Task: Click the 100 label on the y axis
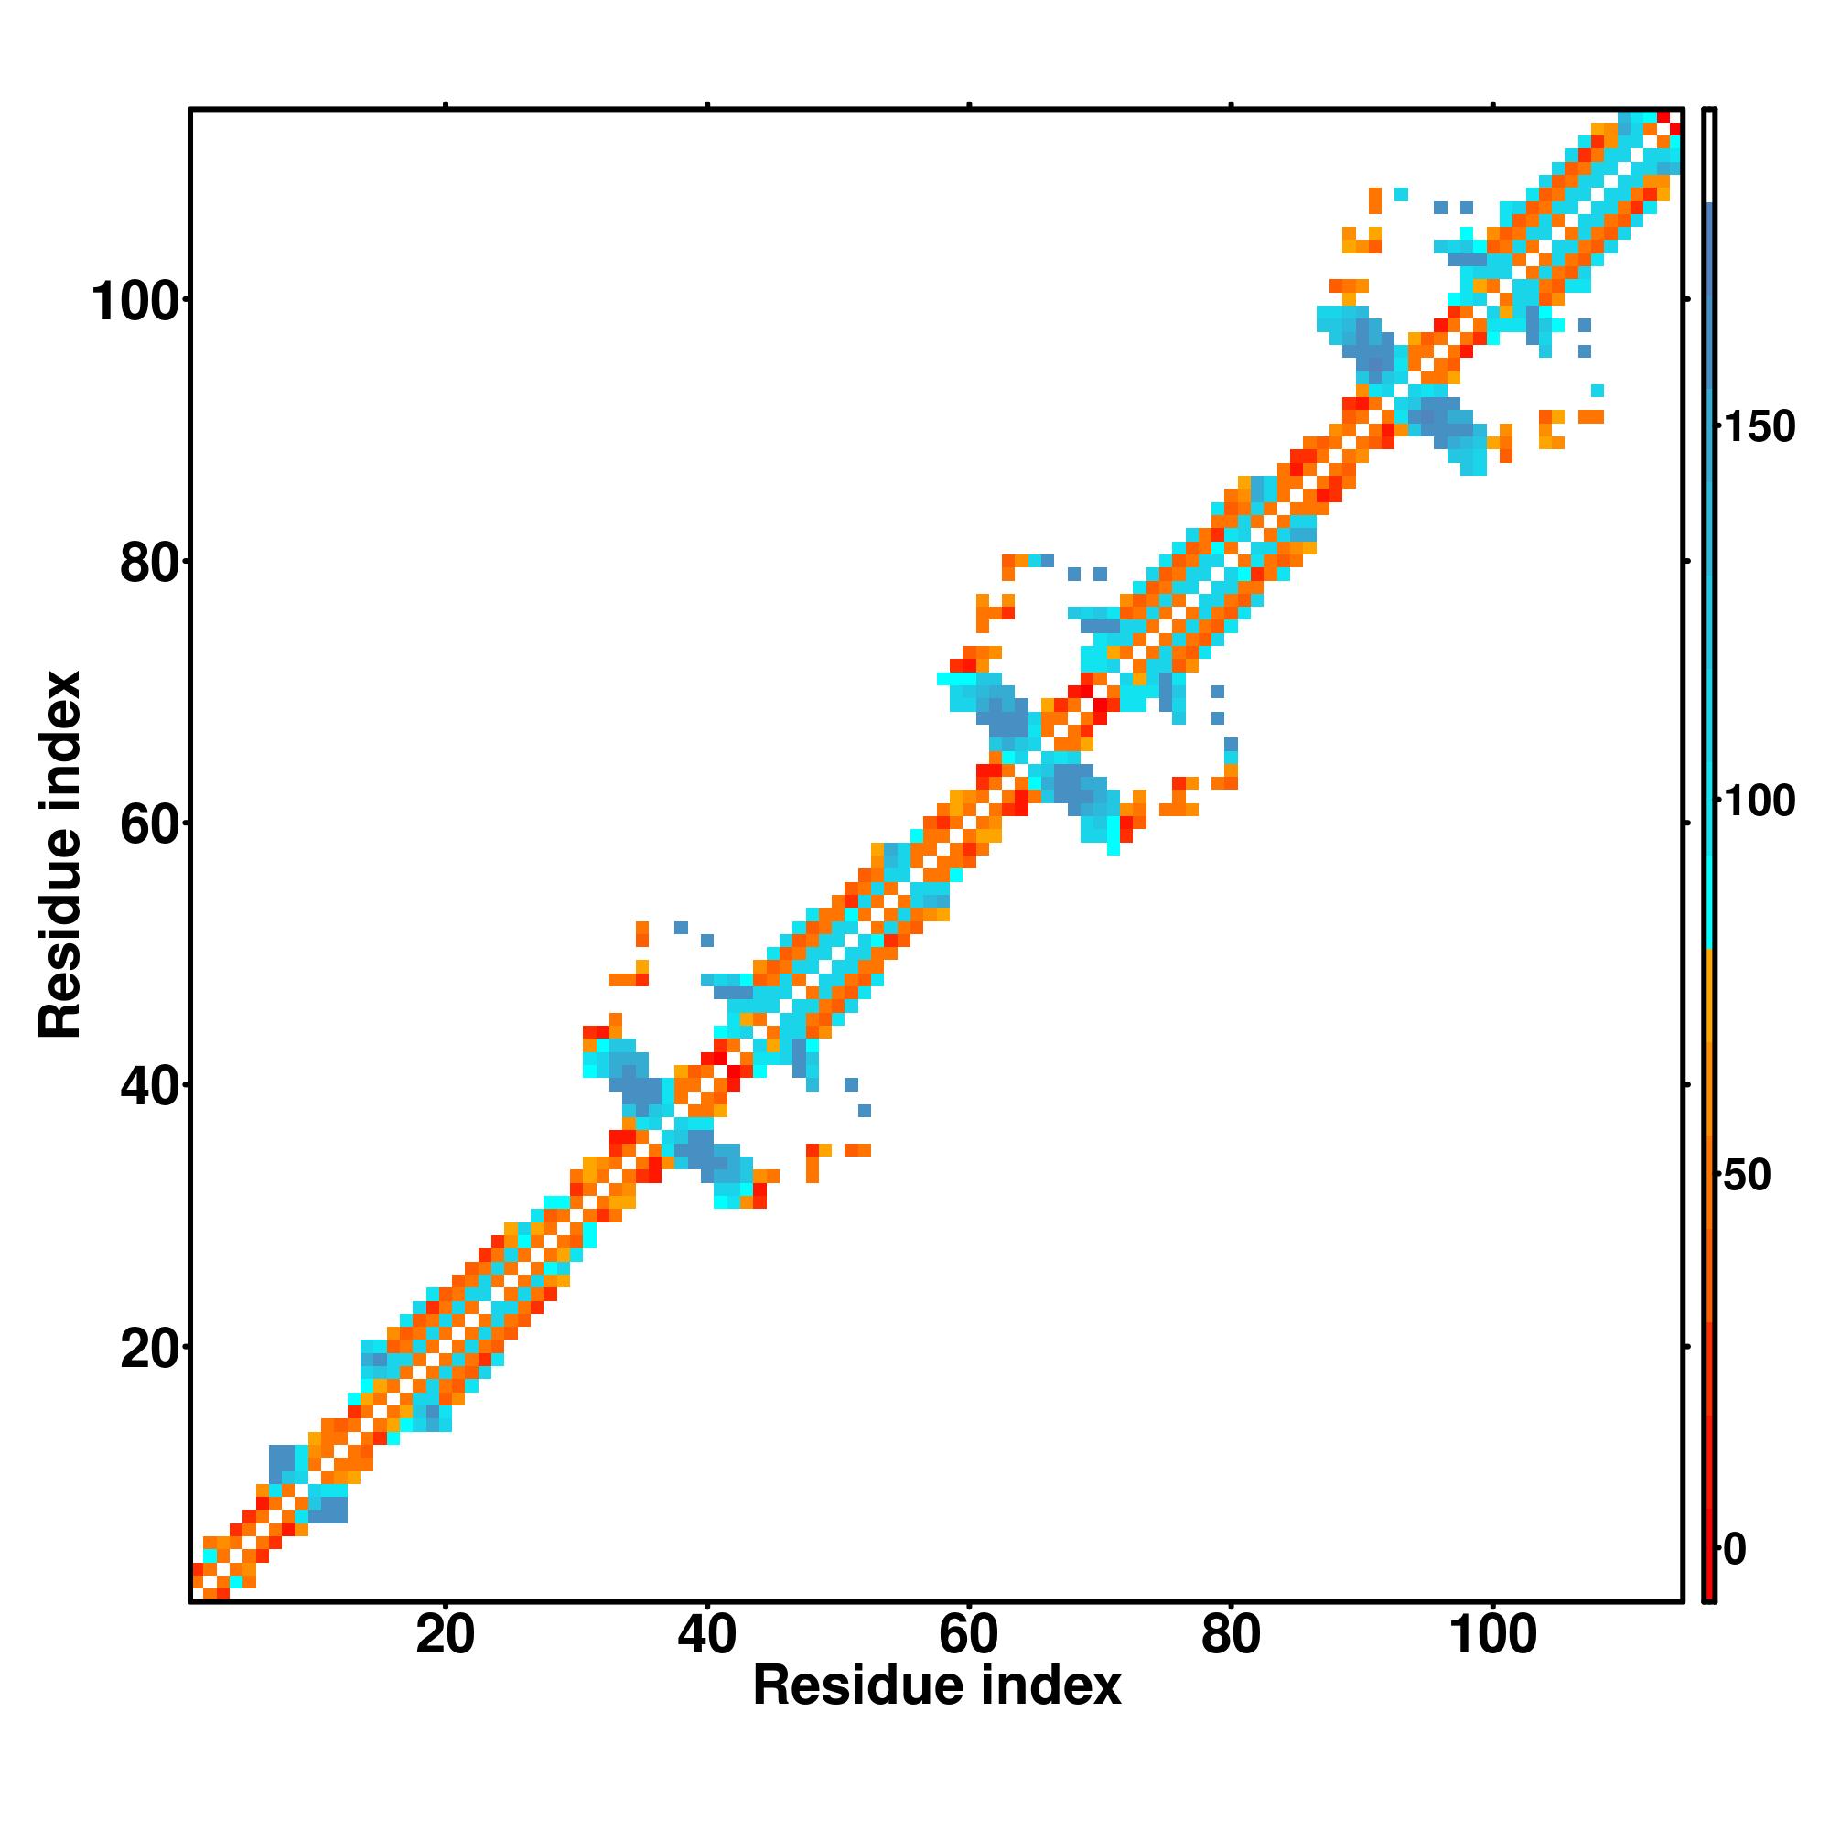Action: pyautogui.click(x=135, y=302)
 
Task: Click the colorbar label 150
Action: pyautogui.click(x=1759, y=427)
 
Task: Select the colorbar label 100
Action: pyautogui.click(x=1759, y=802)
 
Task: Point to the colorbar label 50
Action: pyautogui.click(x=1747, y=1176)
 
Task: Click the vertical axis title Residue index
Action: pyautogui.click(x=60, y=855)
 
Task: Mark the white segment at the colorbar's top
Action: pyautogui.click(x=1710, y=156)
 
